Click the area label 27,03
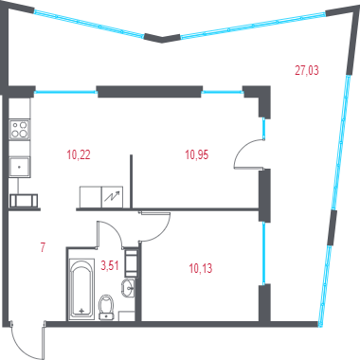[x=307, y=70]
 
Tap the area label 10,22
[x=79, y=154]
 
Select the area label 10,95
[x=197, y=154]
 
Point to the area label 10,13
[x=201, y=268]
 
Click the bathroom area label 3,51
[x=110, y=265]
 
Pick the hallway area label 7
[x=43, y=246]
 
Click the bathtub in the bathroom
[x=81, y=289]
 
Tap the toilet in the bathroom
[x=106, y=307]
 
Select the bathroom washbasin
[x=128, y=288]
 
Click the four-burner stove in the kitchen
[x=20, y=130]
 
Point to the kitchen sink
[x=20, y=167]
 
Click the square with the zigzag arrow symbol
[x=112, y=197]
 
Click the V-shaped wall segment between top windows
[x=162, y=38]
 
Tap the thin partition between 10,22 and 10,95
[x=131, y=181]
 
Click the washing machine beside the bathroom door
[x=131, y=262]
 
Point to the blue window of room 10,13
[x=263, y=253]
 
